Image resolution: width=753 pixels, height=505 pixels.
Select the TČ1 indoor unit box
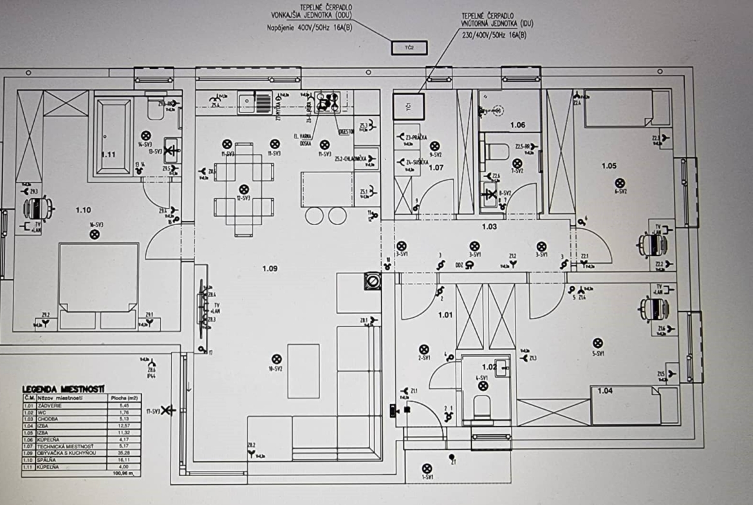pos(409,106)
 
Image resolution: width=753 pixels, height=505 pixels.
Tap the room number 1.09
pos(270,268)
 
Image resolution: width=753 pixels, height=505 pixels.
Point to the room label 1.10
pos(84,210)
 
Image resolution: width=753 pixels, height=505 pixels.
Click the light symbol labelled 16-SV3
pos(95,234)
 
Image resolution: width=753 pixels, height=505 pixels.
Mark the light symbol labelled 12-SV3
pos(243,189)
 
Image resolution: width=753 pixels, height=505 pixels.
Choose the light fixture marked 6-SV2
pos(620,183)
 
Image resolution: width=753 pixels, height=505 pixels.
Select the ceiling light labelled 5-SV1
pos(598,344)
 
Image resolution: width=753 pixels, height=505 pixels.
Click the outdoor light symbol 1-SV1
pos(426,468)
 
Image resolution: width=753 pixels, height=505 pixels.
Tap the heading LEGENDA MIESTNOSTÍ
pos(64,389)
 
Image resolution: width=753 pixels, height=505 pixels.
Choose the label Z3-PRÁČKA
pos(416,137)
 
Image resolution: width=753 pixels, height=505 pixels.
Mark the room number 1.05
pos(609,166)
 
